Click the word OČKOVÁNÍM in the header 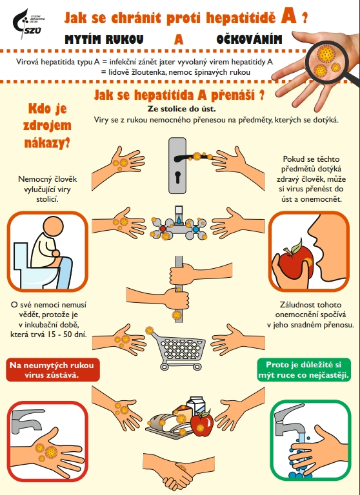pyautogui.click(x=249, y=39)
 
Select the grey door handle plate pyautogui.click(x=177, y=166)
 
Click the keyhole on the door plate pyautogui.click(x=177, y=177)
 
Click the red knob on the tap pyautogui.click(x=163, y=229)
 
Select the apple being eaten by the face pyautogui.click(x=295, y=260)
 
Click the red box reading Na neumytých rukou pyautogui.click(x=53, y=370)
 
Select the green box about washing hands pyautogui.click(x=304, y=370)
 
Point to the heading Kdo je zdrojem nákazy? pyautogui.click(x=47, y=126)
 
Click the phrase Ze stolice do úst pyautogui.click(x=181, y=109)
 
